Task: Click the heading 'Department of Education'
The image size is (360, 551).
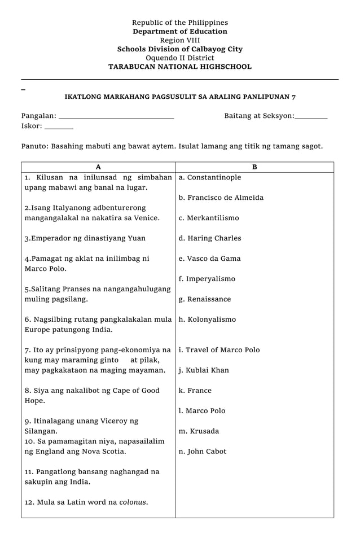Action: click(x=180, y=32)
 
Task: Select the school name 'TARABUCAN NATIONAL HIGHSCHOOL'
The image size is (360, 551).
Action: click(x=180, y=67)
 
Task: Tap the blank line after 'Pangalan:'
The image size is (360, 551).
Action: click(x=116, y=117)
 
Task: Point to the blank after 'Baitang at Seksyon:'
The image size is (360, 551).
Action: click(x=311, y=117)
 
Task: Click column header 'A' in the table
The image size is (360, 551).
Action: click(x=98, y=167)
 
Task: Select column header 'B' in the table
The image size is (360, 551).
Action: click(x=254, y=167)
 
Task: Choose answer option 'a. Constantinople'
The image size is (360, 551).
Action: click(x=210, y=177)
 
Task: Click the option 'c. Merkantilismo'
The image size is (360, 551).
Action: click(x=209, y=218)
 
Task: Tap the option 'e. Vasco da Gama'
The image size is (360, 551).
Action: click(x=209, y=259)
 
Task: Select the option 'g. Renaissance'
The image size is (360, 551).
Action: click(x=205, y=299)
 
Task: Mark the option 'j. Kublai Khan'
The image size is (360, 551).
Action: click(x=204, y=370)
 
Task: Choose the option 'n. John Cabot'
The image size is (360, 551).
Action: click(x=203, y=452)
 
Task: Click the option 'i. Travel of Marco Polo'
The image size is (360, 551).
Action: click(x=219, y=350)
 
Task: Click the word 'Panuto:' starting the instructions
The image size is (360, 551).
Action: click(x=35, y=146)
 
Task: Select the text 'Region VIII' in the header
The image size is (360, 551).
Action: click(x=180, y=40)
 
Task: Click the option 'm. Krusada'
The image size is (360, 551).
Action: click(x=199, y=431)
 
